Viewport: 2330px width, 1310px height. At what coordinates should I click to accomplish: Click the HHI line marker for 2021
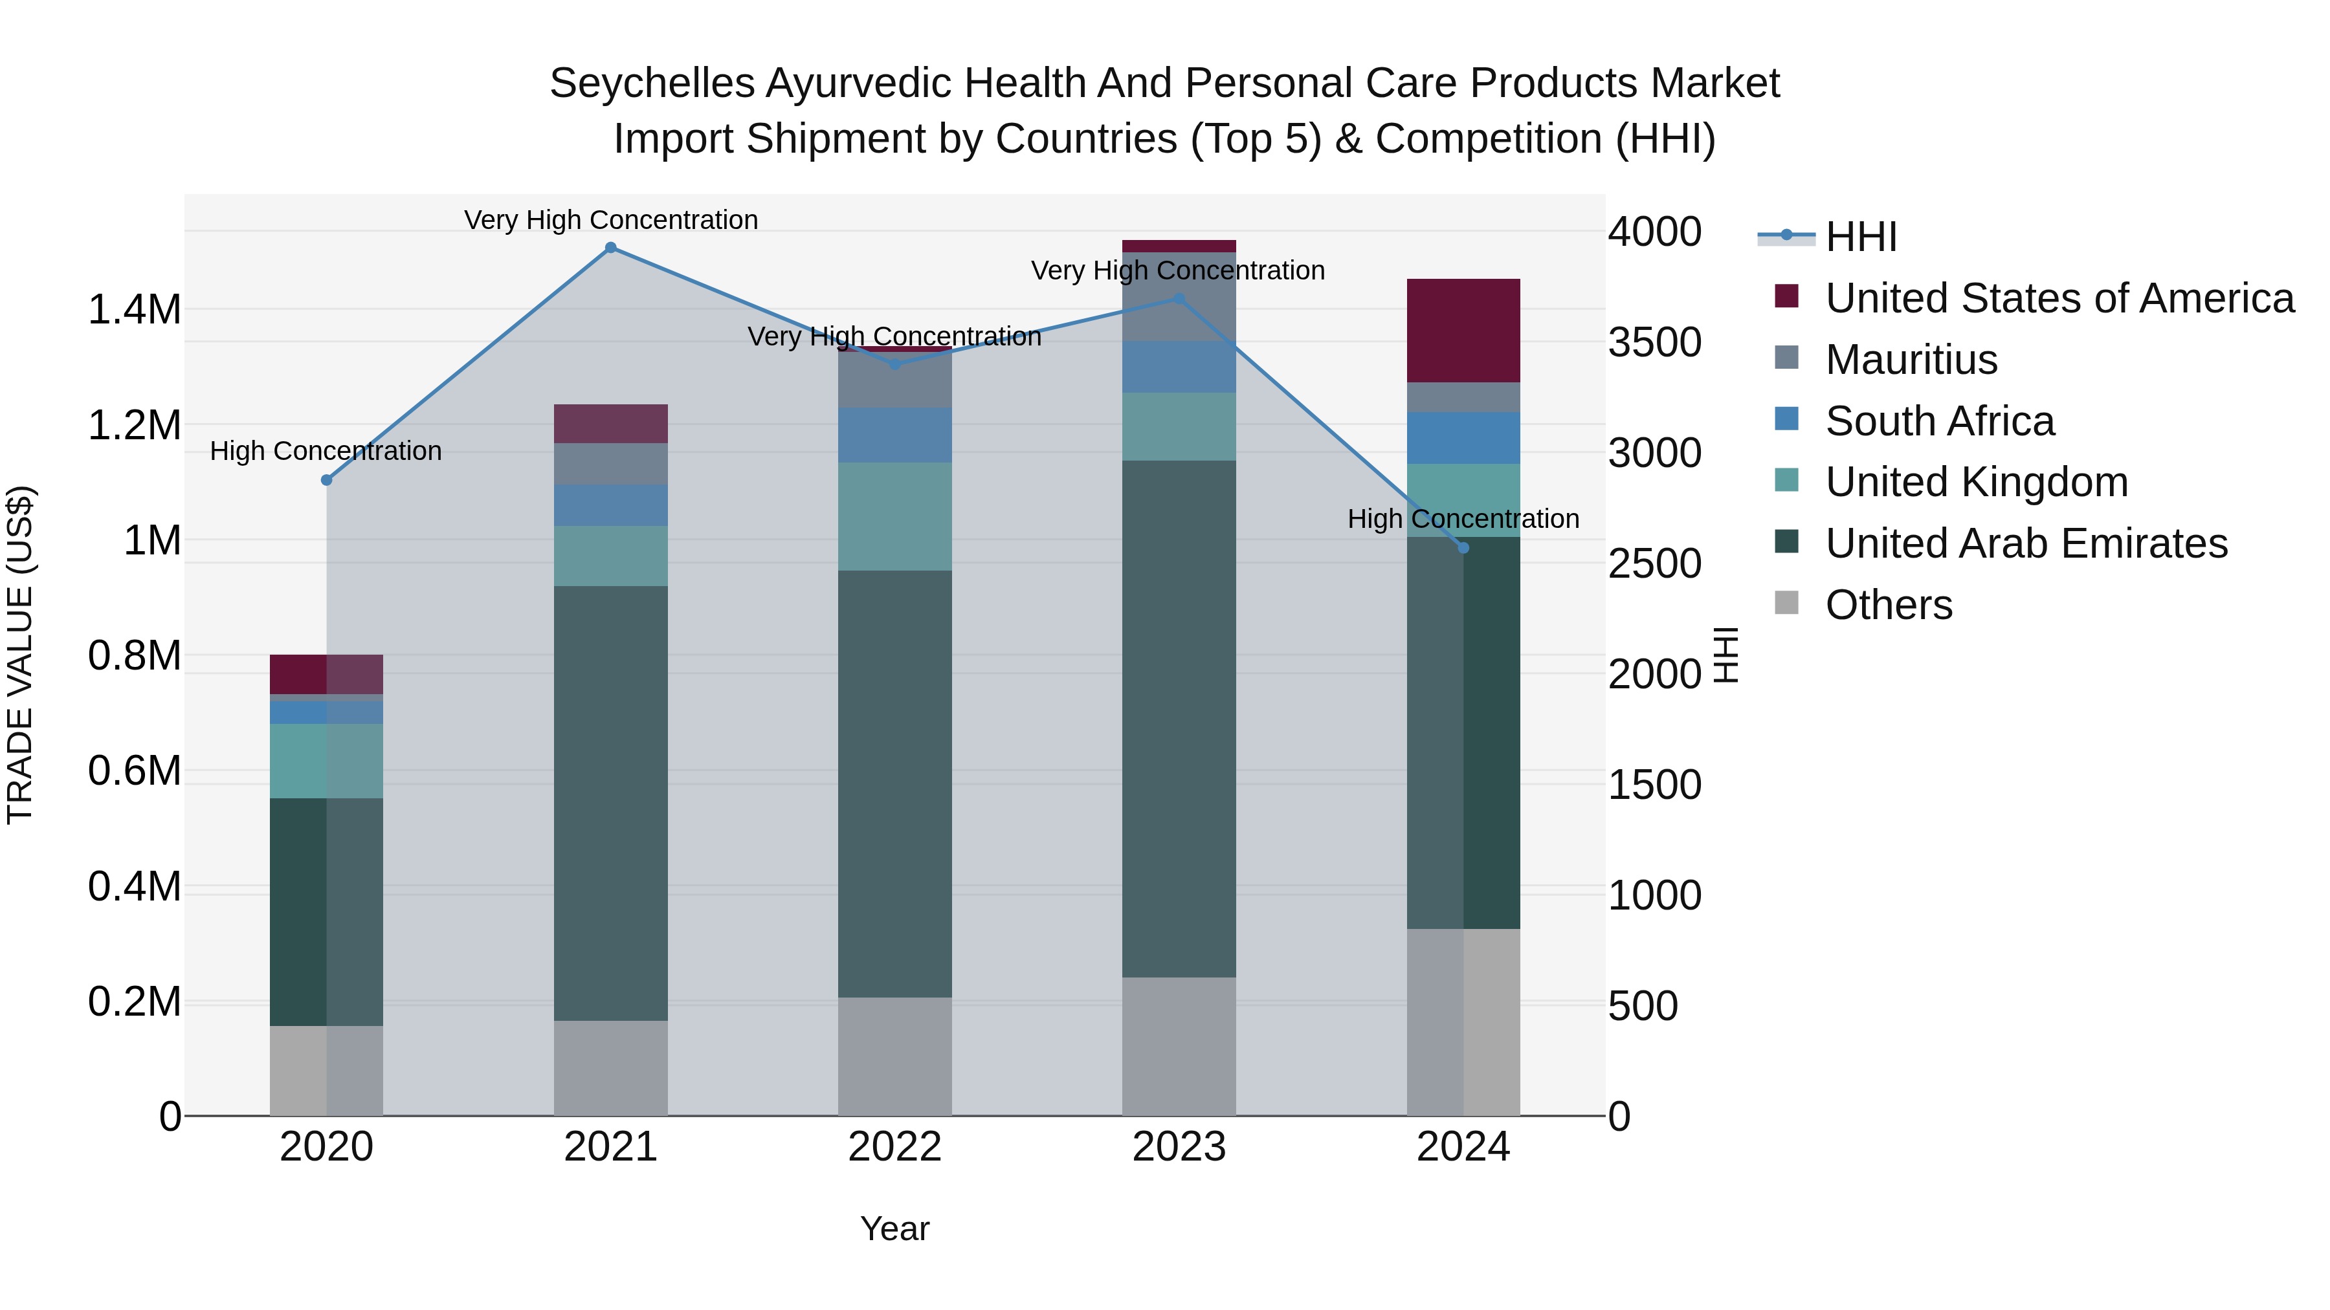tap(610, 248)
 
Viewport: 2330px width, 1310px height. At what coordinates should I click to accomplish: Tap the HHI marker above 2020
tap(327, 480)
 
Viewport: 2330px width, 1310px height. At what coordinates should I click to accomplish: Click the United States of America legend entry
tap(2059, 298)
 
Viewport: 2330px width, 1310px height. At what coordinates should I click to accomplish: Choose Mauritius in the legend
tap(1911, 360)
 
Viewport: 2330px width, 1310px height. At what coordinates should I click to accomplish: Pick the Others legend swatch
tap(1786, 603)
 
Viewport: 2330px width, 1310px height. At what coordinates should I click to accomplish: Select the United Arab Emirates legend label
tap(2026, 543)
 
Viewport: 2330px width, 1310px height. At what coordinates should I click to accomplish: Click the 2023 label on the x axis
tap(1179, 1147)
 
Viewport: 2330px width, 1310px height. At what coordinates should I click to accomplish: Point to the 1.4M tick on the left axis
tap(134, 310)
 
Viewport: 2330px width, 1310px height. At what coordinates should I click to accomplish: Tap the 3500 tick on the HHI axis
tap(1654, 343)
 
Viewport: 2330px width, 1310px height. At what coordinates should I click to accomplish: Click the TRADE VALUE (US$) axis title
tap(21, 655)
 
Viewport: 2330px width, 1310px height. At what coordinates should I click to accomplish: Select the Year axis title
tap(894, 1228)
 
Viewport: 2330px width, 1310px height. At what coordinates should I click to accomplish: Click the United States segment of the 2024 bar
tap(1463, 331)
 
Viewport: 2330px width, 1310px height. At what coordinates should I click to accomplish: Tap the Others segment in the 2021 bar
tap(610, 1067)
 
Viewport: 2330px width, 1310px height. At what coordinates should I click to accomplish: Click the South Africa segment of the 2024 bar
tap(1463, 439)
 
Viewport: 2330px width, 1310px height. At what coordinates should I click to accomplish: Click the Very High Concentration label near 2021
tap(610, 221)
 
